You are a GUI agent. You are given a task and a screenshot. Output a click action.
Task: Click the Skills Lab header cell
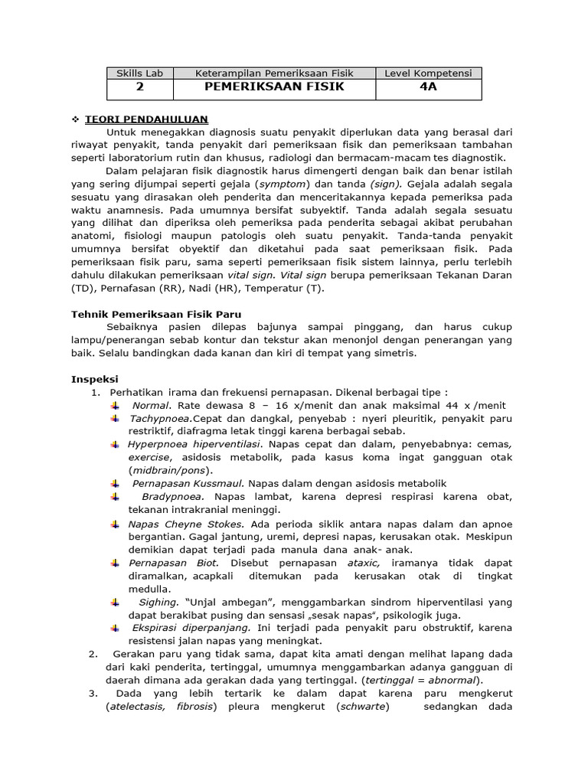coord(139,73)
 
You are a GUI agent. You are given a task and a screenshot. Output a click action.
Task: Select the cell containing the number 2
coord(139,87)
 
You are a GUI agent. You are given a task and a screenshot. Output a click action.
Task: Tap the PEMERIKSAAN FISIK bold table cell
coord(274,87)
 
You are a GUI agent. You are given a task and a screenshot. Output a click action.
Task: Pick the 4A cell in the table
coord(429,87)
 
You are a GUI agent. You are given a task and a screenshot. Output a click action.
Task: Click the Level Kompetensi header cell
coord(429,73)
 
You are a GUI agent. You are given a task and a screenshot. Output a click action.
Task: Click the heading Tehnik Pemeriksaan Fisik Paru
coord(157,314)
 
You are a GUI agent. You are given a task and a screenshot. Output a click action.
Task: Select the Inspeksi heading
coord(95,379)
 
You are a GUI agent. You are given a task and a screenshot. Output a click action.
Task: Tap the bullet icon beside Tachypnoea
coord(116,419)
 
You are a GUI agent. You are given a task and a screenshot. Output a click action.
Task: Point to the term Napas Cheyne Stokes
coord(186,524)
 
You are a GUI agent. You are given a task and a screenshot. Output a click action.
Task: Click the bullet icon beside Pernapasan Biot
coord(116,563)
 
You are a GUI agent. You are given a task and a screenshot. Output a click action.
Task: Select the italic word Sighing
coord(158,603)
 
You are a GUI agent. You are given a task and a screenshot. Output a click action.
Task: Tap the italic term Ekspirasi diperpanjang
coord(185,628)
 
